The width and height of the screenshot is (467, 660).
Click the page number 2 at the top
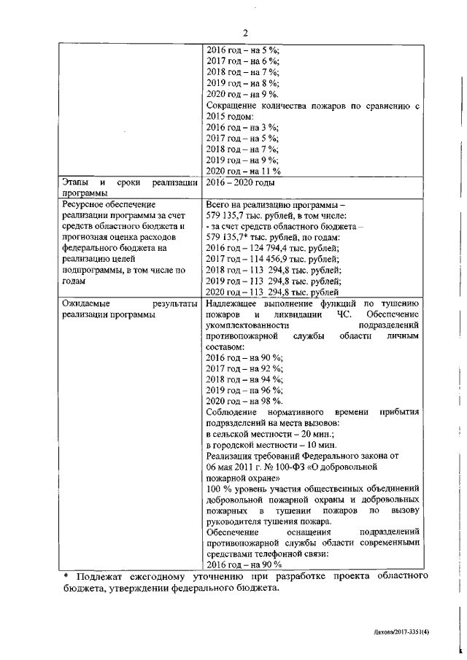[246, 32]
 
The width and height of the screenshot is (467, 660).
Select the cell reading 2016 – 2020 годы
[240, 183]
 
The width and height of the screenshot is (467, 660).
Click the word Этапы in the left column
[75, 183]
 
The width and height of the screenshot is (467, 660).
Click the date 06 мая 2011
[234, 467]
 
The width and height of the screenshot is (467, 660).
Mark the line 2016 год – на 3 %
[242, 128]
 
